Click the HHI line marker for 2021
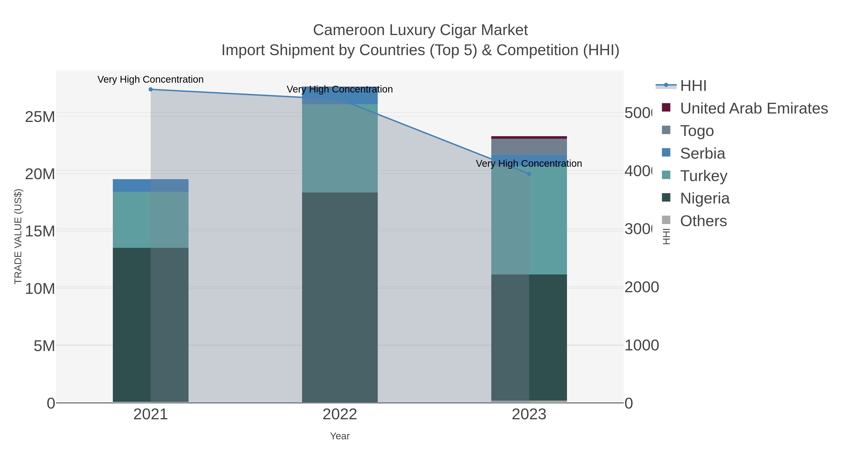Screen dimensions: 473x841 pos(150,89)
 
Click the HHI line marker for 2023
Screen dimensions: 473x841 pos(529,174)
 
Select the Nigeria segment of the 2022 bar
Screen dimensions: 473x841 pos(339,297)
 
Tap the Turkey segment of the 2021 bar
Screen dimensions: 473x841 pos(150,220)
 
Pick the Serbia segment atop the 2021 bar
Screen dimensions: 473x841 pos(150,185)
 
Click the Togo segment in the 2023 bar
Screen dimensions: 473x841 pos(529,147)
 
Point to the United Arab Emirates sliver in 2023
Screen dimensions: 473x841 pos(529,137)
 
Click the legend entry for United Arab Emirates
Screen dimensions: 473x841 pos(753,108)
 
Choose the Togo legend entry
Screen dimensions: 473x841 pos(697,131)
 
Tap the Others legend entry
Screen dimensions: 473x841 pos(703,221)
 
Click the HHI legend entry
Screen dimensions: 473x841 pos(693,86)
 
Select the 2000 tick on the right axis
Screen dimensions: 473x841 pos(641,288)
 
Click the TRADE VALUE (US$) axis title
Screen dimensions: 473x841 pos(18,236)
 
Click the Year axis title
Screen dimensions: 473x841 pos(339,436)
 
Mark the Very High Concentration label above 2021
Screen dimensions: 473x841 pos(150,79)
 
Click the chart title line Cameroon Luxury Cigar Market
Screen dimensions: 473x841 pos(420,30)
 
